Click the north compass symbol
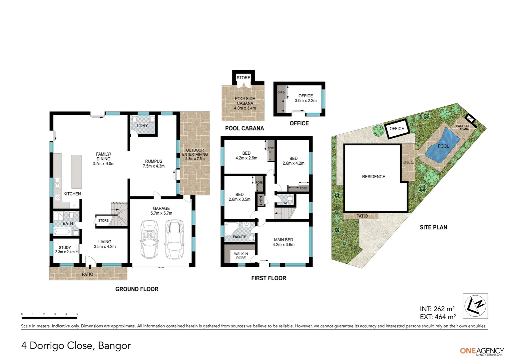[x=475, y=306]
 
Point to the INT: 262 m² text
[x=437, y=309]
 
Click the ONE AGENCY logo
[x=482, y=351]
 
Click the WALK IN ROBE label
[x=241, y=256]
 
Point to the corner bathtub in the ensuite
[x=230, y=230]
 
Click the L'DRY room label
[x=142, y=126]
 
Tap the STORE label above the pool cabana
[x=243, y=78]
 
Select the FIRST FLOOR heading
[x=268, y=278]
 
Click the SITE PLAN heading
[x=433, y=227]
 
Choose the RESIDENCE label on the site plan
[x=373, y=177]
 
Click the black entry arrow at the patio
[x=90, y=266]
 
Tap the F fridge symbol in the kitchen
[x=75, y=205]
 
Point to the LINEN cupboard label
[x=261, y=201]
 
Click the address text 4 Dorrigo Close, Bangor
[x=76, y=346]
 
